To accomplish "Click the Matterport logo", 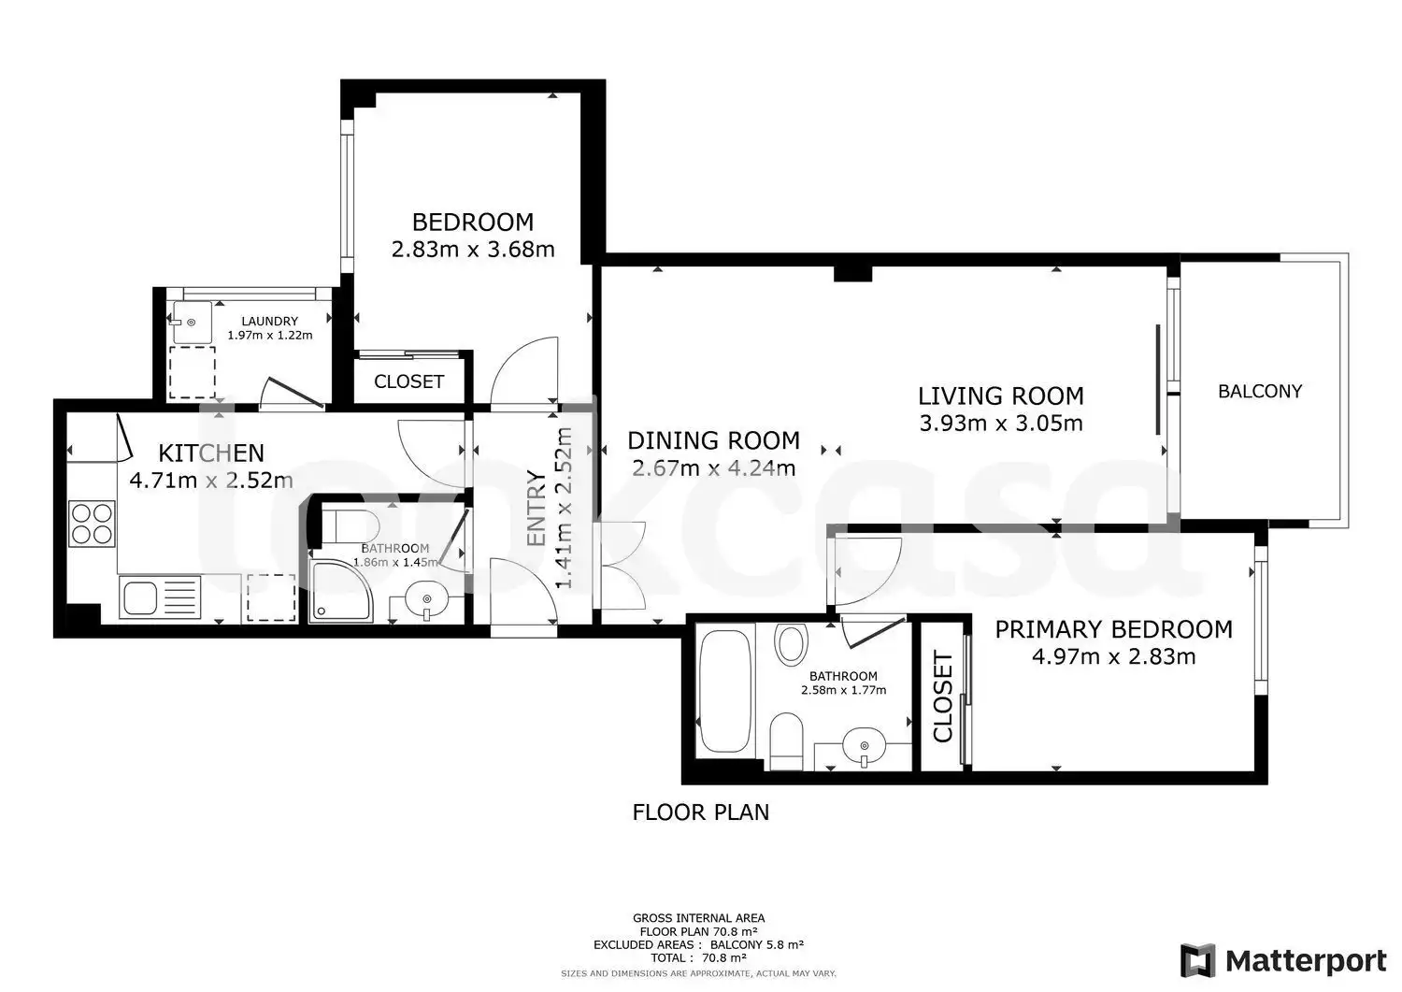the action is [x=1283, y=960].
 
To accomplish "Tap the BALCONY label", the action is [x=1259, y=392].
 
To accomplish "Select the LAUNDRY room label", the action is [x=270, y=322].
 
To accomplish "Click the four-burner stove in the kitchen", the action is [x=92, y=524].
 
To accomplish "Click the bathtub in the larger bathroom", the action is [x=724, y=691].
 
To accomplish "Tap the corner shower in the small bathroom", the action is [x=342, y=591].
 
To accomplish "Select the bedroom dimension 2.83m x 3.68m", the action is [x=473, y=250].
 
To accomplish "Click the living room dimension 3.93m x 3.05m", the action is [x=1001, y=424].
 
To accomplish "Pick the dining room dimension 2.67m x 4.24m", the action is [x=713, y=467].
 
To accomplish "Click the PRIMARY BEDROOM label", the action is [x=1113, y=629].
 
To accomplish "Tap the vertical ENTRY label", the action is [x=537, y=508].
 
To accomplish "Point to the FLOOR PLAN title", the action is [x=700, y=812].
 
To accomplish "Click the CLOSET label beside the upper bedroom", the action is [x=408, y=381].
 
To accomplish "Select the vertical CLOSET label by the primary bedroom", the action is [x=942, y=697].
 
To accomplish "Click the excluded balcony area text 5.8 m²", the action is [x=785, y=944].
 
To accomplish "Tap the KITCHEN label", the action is [x=211, y=453].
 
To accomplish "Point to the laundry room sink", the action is [x=192, y=322].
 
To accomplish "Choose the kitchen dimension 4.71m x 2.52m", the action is [x=211, y=481].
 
